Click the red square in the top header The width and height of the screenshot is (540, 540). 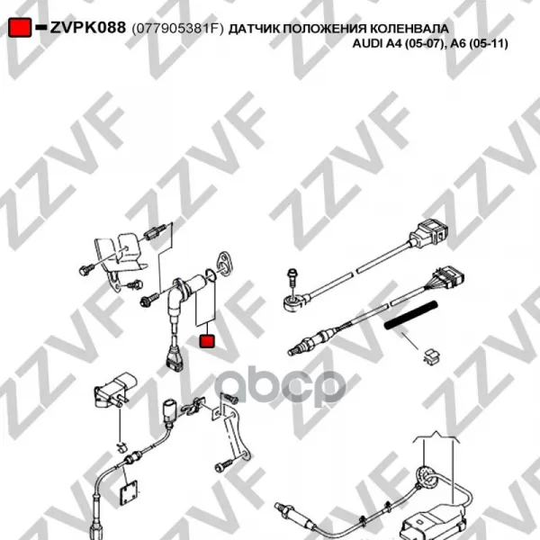tap(20, 28)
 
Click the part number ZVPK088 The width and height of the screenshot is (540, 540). tap(88, 28)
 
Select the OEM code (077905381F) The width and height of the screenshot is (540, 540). tap(177, 29)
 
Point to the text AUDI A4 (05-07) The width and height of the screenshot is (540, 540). tap(397, 44)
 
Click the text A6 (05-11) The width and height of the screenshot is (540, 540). tap(477, 44)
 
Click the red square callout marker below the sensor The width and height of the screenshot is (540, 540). tap(207, 340)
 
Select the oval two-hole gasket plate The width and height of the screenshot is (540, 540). tap(223, 263)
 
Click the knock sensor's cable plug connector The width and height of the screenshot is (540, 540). tap(428, 233)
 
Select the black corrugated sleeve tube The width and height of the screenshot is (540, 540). tap(411, 316)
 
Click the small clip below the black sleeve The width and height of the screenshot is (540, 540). tap(431, 356)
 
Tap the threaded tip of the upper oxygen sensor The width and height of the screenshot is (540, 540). tap(292, 352)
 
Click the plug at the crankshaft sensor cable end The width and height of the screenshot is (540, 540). tap(173, 360)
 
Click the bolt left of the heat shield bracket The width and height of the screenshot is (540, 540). tap(86, 269)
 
